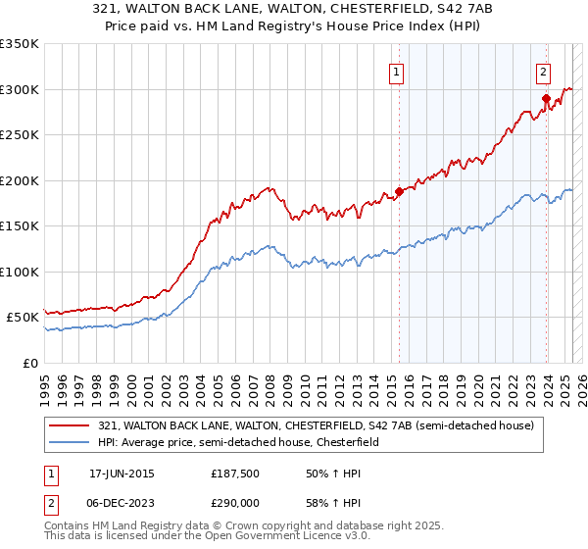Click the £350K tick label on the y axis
20,44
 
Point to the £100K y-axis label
20,272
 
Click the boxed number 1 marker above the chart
396,71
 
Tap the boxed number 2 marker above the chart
543,71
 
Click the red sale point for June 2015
399,191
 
